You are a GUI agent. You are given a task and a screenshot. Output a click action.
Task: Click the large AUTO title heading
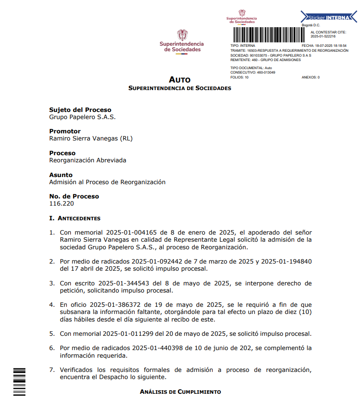tap(180, 80)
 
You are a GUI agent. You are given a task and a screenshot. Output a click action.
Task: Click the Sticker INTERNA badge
tap(329, 17)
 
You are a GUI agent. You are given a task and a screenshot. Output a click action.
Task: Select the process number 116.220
tap(62, 204)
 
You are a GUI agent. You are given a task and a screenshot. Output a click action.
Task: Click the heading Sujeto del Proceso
tap(80, 110)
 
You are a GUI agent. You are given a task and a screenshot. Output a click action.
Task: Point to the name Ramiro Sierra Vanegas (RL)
tap(91, 139)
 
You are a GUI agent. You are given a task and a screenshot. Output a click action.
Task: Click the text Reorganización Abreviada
tap(88, 160)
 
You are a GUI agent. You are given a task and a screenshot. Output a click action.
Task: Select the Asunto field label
tap(61, 175)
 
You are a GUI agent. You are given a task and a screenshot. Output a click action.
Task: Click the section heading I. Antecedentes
tap(75, 219)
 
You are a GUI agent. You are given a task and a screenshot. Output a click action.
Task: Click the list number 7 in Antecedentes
tap(51, 370)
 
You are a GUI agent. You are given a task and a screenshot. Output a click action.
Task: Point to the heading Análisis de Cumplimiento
tap(180, 392)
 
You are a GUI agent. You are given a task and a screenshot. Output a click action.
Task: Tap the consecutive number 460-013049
tap(266, 72)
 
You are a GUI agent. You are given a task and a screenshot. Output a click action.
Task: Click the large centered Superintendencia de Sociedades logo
tap(181, 41)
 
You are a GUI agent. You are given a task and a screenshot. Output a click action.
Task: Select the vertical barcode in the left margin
tap(20, 381)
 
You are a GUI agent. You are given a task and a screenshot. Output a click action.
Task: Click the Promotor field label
tap(65, 131)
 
